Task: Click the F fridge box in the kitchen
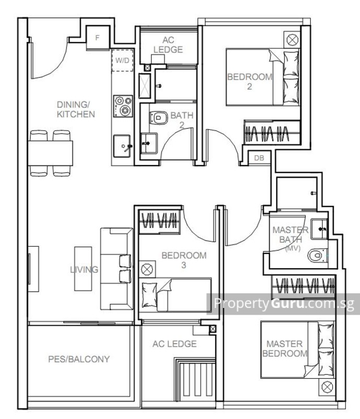tap(97, 38)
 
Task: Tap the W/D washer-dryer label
tap(122, 61)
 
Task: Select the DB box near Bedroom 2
tap(258, 158)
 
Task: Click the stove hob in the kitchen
tap(123, 105)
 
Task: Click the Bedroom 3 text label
tap(184, 260)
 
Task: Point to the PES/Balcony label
tap(79, 359)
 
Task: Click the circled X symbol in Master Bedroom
tap(328, 387)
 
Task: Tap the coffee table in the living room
tap(83, 269)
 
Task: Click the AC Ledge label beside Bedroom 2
tap(168, 45)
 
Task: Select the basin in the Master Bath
tap(319, 229)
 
